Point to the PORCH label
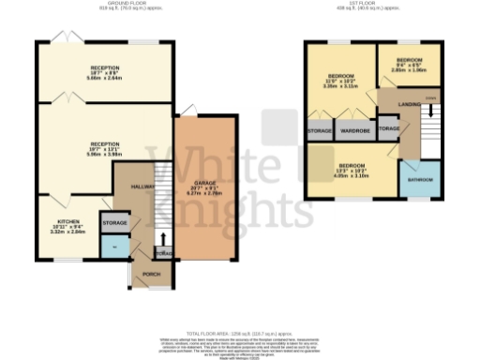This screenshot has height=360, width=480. pyautogui.click(x=149, y=275)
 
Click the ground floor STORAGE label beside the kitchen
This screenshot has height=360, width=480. pyautogui.click(x=114, y=223)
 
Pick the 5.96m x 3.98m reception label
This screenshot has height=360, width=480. pyautogui.click(x=103, y=149)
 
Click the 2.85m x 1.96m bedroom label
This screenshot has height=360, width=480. pyautogui.click(x=408, y=65)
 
